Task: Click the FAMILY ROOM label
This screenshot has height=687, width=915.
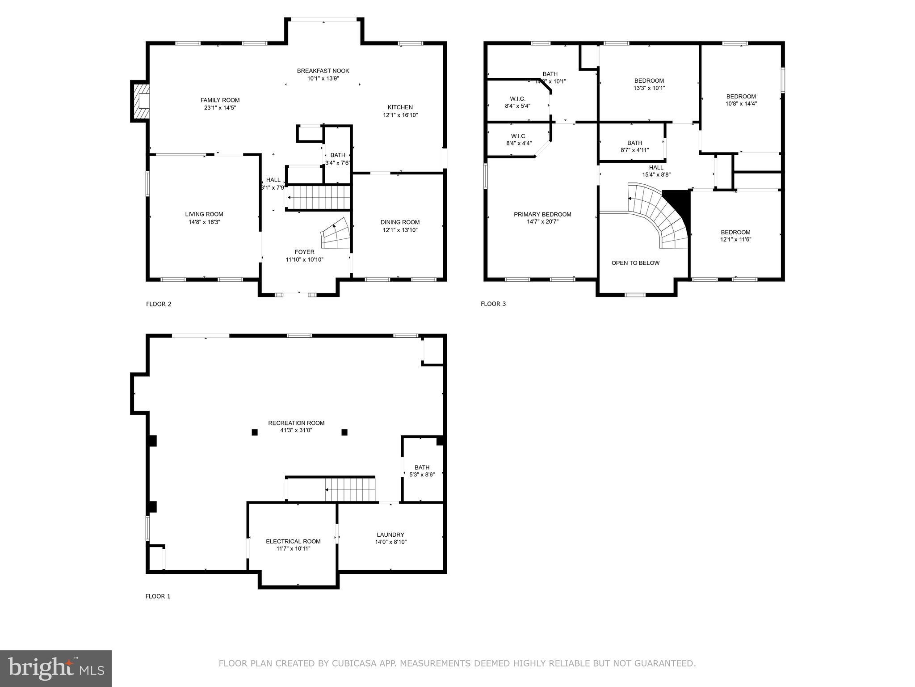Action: pos(220,100)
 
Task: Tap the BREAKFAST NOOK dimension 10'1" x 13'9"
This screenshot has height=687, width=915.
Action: pos(323,78)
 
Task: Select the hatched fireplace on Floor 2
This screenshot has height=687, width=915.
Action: pos(140,101)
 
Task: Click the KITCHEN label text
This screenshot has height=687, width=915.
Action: pos(400,107)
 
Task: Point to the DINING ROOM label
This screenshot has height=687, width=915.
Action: pos(400,222)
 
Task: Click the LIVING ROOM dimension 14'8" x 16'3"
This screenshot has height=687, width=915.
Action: pos(204,222)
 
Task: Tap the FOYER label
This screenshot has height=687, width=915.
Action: pos(304,252)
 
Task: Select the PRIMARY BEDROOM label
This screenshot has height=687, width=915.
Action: pos(542,214)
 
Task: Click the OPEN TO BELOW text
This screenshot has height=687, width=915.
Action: pos(635,263)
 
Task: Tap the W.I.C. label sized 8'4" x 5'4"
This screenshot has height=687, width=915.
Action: pos(517,99)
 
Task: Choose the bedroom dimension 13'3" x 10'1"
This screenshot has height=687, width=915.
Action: pos(649,88)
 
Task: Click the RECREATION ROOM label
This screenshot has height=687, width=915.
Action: pos(296,423)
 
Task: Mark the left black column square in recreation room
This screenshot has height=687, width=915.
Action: pos(255,432)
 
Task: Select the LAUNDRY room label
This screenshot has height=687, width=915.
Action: pos(390,534)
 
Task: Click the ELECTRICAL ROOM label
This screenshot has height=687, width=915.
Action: pos(293,541)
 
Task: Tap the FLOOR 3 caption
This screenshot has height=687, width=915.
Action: pos(493,304)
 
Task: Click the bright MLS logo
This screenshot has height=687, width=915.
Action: pos(55,668)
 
